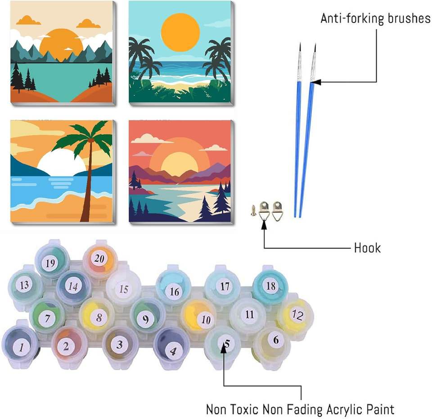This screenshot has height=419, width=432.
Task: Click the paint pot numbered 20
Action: pyautogui.click(x=99, y=258)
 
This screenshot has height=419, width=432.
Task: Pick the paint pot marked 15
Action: pyautogui.click(x=123, y=289)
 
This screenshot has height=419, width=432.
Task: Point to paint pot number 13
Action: pyautogui.click(x=25, y=285)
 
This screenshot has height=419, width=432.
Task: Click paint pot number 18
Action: pyautogui.click(x=270, y=285)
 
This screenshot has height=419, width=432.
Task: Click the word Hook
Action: pyautogui.click(x=367, y=247)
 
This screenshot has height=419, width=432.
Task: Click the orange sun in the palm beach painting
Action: pyautogui.click(x=180, y=32)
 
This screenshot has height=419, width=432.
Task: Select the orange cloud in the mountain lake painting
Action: pyautogui.click(x=28, y=20)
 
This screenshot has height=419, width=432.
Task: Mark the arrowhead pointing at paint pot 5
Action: pyautogui.click(x=224, y=352)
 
